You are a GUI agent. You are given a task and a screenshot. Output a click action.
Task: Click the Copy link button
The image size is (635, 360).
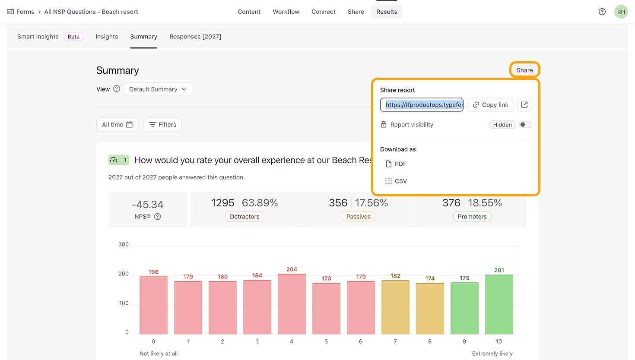[490, 105]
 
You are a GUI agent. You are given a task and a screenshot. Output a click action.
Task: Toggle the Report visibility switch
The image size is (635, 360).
[525, 125]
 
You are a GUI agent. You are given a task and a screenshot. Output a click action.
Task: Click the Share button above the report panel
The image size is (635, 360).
[524, 70]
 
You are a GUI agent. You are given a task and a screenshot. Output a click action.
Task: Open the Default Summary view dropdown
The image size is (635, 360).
[158, 89]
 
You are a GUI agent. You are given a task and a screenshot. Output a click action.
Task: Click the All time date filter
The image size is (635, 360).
[117, 125]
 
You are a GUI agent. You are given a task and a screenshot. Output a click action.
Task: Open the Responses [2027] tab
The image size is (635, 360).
[195, 37]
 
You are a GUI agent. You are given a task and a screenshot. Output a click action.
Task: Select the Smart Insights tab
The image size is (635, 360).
[38, 37]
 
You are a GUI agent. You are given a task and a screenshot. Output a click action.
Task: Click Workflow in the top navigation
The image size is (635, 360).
[286, 12]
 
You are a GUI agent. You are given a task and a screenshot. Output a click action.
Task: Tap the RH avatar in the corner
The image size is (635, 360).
[621, 12]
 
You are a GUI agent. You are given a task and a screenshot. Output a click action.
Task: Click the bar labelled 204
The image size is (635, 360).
[292, 304]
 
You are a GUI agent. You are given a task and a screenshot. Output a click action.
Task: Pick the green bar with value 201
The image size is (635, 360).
[499, 304]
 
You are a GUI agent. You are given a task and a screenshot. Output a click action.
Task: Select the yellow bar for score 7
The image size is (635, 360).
[395, 307]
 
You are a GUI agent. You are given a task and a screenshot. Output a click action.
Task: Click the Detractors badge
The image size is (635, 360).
[244, 217]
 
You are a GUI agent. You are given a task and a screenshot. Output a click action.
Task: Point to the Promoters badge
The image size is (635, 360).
[472, 217]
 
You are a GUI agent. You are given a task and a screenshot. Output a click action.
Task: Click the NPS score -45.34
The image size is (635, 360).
[148, 205]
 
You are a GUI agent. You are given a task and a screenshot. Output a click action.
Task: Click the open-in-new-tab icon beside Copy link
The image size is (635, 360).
[524, 105]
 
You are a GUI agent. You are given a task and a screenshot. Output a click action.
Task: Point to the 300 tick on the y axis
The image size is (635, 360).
[124, 244]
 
